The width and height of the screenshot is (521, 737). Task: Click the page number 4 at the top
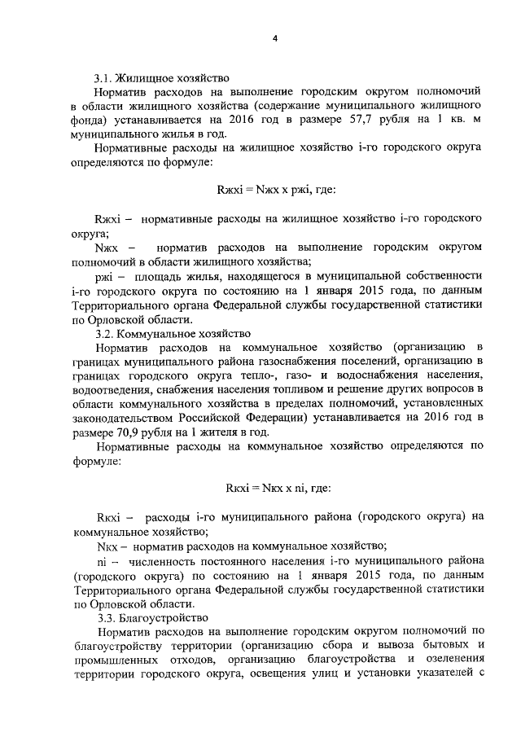pos(274,38)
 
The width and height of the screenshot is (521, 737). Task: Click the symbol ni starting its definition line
pos(103,560)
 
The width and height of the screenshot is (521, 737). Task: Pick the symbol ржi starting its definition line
pos(103,277)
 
